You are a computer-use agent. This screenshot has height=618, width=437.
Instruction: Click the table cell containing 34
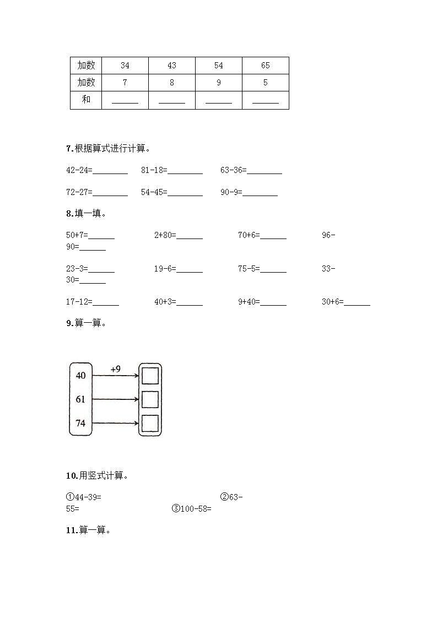[x=125, y=66]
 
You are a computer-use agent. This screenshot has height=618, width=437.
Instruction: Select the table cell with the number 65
[x=265, y=66]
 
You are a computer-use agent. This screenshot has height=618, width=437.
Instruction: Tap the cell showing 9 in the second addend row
[x=219, y=83]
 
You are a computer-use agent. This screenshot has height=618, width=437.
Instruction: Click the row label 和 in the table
[x=86, y=100]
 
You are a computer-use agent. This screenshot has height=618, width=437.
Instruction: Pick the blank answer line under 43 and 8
[x=171, y=101]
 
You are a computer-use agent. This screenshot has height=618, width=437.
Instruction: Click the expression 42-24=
[x=79, y=171]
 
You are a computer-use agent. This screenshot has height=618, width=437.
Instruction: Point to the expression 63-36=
[x=233, y=171]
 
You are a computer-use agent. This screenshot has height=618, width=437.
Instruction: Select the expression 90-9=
[x=231, y=192]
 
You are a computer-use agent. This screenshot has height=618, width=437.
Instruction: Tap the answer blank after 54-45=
[x=185, y=193]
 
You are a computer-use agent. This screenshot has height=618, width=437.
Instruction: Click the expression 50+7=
[x=77, y=236]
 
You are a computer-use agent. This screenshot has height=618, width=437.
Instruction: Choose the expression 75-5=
[x=249, y=269]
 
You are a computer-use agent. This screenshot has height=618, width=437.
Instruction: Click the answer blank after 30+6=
[x=357, y=303]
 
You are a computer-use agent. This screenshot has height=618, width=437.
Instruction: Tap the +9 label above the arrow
[x=115, y=370]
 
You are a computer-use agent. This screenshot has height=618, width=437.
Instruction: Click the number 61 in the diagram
[x=80, y=399]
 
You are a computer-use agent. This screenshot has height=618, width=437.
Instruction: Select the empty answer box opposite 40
[x=150, y=376]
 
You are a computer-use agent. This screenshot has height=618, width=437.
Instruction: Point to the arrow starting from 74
[x=115, y=424]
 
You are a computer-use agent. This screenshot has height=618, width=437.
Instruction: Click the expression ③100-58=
[x=192, y=509]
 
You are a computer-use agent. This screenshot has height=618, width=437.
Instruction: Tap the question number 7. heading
[x=69, y=148]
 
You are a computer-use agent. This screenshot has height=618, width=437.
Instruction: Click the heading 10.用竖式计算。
[x=97, y=476]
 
